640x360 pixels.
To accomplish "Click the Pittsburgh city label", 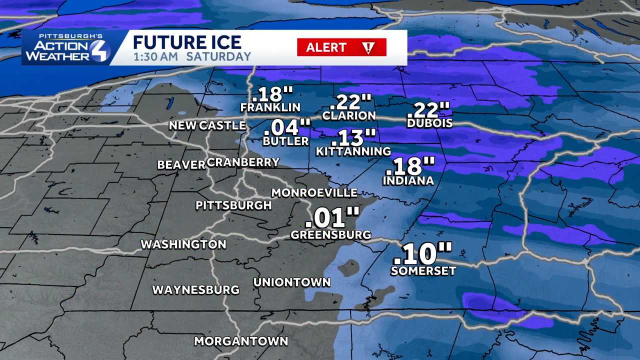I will [233, 205].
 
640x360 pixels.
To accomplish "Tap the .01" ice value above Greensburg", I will [332, 218].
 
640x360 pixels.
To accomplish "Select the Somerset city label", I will [423, 271].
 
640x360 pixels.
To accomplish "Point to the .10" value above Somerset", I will [422, 253].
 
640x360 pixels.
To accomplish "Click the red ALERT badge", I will [341, 47].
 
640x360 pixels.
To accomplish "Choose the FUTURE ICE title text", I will [187, 42].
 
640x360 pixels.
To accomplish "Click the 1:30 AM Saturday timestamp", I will [191, 56].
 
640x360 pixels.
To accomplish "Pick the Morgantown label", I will [240, 341].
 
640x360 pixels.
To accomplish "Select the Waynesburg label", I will [195, 290].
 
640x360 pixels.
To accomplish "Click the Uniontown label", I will [292, 282].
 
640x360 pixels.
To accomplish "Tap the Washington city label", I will [183, 244].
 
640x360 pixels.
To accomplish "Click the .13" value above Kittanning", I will [356, 136].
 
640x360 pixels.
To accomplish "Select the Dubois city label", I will [429, 123].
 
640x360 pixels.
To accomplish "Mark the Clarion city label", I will [349, 115].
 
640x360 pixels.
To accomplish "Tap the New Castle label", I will [207, 125].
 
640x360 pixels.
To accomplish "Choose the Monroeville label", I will [314, 192].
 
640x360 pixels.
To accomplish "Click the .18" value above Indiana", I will [413, 165].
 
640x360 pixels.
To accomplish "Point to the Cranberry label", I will [243, 162].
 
